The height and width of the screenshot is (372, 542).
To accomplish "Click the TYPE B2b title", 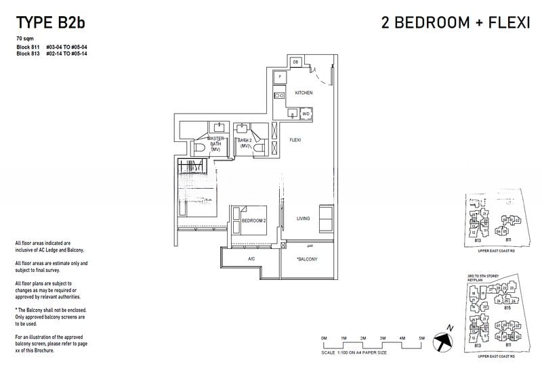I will tap(51, 22).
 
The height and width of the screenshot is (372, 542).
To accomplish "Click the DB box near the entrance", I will tap(296, 63).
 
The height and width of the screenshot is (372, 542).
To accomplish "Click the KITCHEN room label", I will tap(304, 93).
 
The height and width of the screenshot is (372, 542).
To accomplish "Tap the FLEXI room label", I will tap(295, 140).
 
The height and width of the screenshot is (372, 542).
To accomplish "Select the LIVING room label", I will tap(303, 218).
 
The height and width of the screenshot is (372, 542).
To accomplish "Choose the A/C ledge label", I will tap(251, 259).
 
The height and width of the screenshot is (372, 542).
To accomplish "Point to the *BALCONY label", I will tap(307, 259).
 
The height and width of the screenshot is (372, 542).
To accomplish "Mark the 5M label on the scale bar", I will tap(421, 338).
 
